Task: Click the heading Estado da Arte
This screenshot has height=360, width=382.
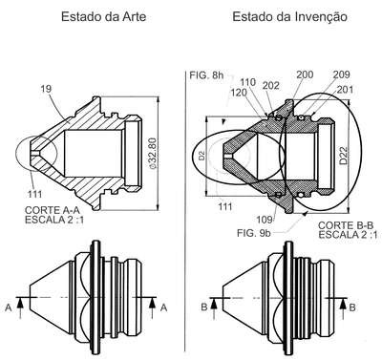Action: click(x=103, y=16)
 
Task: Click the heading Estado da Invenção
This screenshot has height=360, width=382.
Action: click(x=289, y=16)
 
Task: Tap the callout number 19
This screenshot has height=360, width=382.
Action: click(x=46, y=89)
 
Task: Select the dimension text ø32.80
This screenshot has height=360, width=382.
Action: click(x=153, y=154)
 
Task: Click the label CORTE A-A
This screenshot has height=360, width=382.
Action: click(x=52, y=210)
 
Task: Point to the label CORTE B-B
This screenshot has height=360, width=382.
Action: click(x=346, y=225)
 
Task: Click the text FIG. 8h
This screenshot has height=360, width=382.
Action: click(x=206, y=75)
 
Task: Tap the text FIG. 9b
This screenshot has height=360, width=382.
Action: click(x=254, y=233)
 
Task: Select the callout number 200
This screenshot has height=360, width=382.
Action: click(x=305, y=74)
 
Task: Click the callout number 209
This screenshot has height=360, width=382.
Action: click(x=342, y=74)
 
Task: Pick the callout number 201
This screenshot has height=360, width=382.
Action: click(x=345, y=90)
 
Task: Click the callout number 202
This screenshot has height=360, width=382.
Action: click(x=271, y=85)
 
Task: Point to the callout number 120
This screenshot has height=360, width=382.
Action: click(x=239, y=93)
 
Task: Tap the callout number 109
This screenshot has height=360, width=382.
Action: click(x=265, y=220)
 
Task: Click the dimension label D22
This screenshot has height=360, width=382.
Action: click(x=344, y=156)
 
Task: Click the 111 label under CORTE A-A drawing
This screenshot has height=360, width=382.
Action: click(x=34, y=194)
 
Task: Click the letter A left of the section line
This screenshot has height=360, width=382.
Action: click(x=9, y=307)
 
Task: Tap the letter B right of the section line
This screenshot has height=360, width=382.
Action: click(x=352, y=307)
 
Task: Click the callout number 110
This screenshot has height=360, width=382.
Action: click(x=248, y=82)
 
